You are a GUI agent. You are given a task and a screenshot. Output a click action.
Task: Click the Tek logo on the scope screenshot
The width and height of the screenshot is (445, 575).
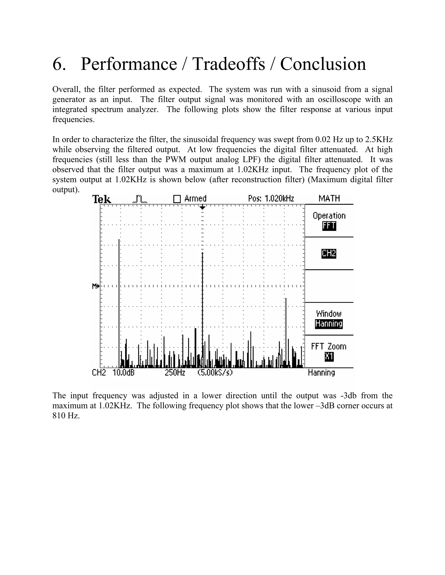102,199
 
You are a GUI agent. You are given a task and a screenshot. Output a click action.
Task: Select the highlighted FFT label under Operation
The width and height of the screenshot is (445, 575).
329,226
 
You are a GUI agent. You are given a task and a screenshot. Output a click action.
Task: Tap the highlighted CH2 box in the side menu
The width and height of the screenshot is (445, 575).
329,253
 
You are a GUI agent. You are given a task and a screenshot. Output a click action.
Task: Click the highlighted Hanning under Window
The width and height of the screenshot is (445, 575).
329,324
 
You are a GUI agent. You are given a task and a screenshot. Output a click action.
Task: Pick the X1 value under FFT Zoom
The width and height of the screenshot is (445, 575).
329,357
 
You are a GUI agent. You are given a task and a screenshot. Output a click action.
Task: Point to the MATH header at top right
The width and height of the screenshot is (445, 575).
329,198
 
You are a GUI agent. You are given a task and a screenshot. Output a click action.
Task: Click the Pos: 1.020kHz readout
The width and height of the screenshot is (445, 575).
271,199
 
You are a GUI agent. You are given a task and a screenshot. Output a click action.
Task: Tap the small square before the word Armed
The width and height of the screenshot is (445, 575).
177,199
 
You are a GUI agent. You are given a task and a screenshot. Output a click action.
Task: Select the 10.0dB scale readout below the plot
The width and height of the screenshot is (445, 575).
123,373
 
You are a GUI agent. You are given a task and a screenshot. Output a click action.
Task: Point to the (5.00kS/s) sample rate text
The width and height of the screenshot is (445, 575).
215,373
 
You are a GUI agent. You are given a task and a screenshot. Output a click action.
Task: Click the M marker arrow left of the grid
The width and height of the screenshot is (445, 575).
95,286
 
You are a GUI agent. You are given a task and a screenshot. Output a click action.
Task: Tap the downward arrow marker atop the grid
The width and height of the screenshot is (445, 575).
203,208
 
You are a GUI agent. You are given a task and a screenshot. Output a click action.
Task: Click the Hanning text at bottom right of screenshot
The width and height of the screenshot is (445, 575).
321,373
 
